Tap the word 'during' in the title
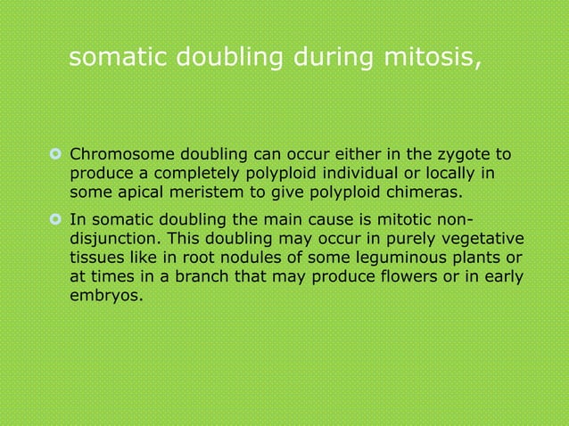[x=324, y=58]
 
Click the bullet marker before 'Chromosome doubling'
[x=54, y=156]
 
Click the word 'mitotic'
[x=416, y=221]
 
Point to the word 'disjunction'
[x=114, y=240]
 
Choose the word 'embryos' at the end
[x=104, y=299]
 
